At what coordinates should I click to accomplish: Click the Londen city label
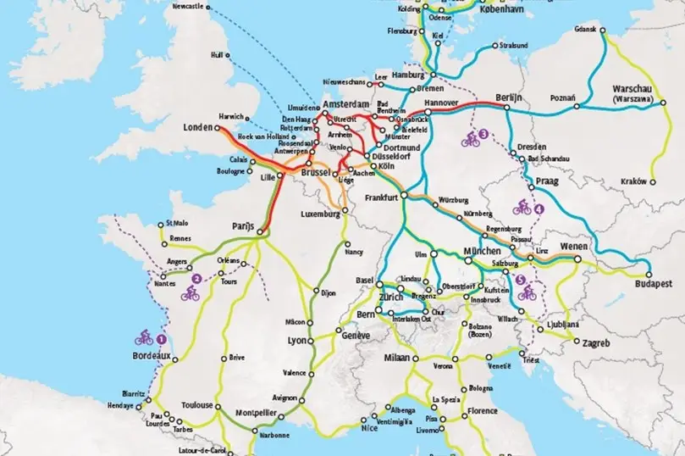tap(198, 128)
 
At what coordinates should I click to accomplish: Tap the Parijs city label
tap(243, 226)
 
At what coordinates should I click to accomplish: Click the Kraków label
tap(633, 181)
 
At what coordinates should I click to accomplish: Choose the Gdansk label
tap(585, 29)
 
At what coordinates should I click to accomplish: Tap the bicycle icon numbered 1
tap(144, 336)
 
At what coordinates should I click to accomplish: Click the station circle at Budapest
tap(649, 275)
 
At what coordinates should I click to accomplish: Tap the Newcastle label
tap(189, 6)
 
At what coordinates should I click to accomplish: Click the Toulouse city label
tap(197, 405)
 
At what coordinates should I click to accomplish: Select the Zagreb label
tap(596, 343)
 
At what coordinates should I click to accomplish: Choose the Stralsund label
tap(515, 44)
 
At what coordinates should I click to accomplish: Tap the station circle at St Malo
tap(160, 225)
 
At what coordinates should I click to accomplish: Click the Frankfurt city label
tap(382, 197)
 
